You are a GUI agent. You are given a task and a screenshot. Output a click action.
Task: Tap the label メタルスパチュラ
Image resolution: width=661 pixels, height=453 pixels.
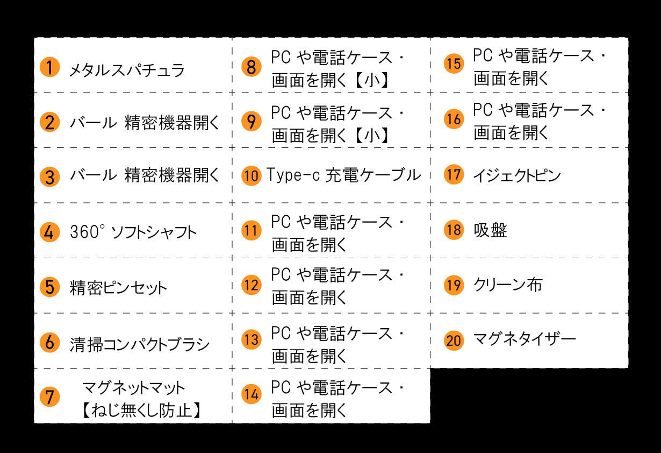pyautogui.click(x=127, y=70)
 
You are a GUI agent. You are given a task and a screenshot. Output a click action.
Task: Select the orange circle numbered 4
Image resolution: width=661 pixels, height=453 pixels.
pyautogui.click(x=49, y=232)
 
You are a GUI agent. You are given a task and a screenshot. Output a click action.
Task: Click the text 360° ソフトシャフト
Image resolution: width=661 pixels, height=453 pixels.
pyautogui.click(x=133, y=232)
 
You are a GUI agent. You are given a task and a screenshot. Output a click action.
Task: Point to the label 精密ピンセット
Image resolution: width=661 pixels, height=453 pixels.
pyautogui.click(x=119, y=287)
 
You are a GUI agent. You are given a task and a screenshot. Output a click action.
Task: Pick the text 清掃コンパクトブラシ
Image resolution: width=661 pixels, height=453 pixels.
pyautogui.click(x=140, y=344)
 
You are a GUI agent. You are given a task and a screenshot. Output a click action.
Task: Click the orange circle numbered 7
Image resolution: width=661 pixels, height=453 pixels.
pyautogui.click(x=49, y=398)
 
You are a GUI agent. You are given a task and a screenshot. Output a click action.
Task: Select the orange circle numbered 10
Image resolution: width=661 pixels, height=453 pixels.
pyautogui.click(x=251, y=175)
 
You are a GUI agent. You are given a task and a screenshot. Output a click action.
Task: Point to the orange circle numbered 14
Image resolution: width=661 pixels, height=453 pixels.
pyautogui.click(x=251, y=395)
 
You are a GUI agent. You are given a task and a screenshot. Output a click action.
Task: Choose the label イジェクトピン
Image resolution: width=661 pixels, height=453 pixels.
pyautogui.click(x=517, y=175)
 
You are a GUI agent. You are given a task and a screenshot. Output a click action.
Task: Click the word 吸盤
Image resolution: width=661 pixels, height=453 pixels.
pyautogui.click(x=491, y=230)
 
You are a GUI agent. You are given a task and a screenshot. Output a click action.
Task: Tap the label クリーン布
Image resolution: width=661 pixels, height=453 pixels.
pyautogui.click(x=508, y=285)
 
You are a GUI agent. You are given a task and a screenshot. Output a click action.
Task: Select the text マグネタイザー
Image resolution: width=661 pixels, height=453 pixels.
pyautogui.click(x=524, y=339)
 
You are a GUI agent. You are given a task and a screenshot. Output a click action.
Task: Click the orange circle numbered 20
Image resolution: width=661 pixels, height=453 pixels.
pyautogui.click(x=454, y=340)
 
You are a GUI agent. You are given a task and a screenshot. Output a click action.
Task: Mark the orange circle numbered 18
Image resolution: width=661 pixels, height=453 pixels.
pyautogui.click(x=454, y=230)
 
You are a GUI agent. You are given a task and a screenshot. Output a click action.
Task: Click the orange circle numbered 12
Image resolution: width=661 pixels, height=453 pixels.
pyautogui.click(x=251, y=285)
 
